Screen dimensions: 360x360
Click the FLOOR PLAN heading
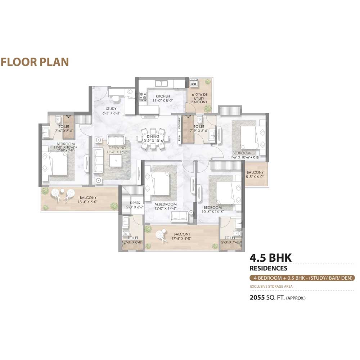pyautogui.click(x=35, y=62)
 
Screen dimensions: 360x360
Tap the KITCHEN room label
pyautogui.click(x=162, y=96)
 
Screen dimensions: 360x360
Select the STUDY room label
pyautogui.click(x=111, y=108)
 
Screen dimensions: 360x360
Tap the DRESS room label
pyautogui.click(x=135, y=203)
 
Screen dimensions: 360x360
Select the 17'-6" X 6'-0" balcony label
pyautogui.click(x=181, y=238)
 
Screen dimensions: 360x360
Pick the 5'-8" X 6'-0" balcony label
pyautogui.click(x=255, y=177)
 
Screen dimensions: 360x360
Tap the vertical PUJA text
pyautogui.click(x=179, y=138)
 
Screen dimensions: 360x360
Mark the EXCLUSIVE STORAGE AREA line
pyautogui.click(x=271, y=287)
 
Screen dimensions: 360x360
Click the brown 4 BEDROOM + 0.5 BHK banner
pyautogui.click(x=302, y=278)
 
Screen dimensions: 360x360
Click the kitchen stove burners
pyautogui.click(x=143, y=96)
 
